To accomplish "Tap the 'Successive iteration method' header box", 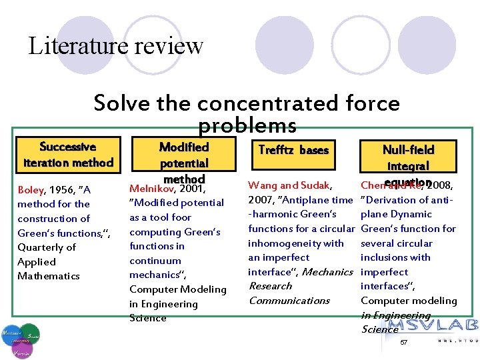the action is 67,154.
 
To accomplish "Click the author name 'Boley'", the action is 30,189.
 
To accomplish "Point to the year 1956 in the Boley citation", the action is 62,189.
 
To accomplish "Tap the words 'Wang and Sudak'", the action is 289,185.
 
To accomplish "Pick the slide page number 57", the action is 403,342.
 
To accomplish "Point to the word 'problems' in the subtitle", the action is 247,125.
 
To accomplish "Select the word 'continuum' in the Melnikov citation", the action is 155,261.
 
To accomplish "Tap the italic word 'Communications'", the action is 289,300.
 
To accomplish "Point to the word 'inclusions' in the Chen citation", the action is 383,257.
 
